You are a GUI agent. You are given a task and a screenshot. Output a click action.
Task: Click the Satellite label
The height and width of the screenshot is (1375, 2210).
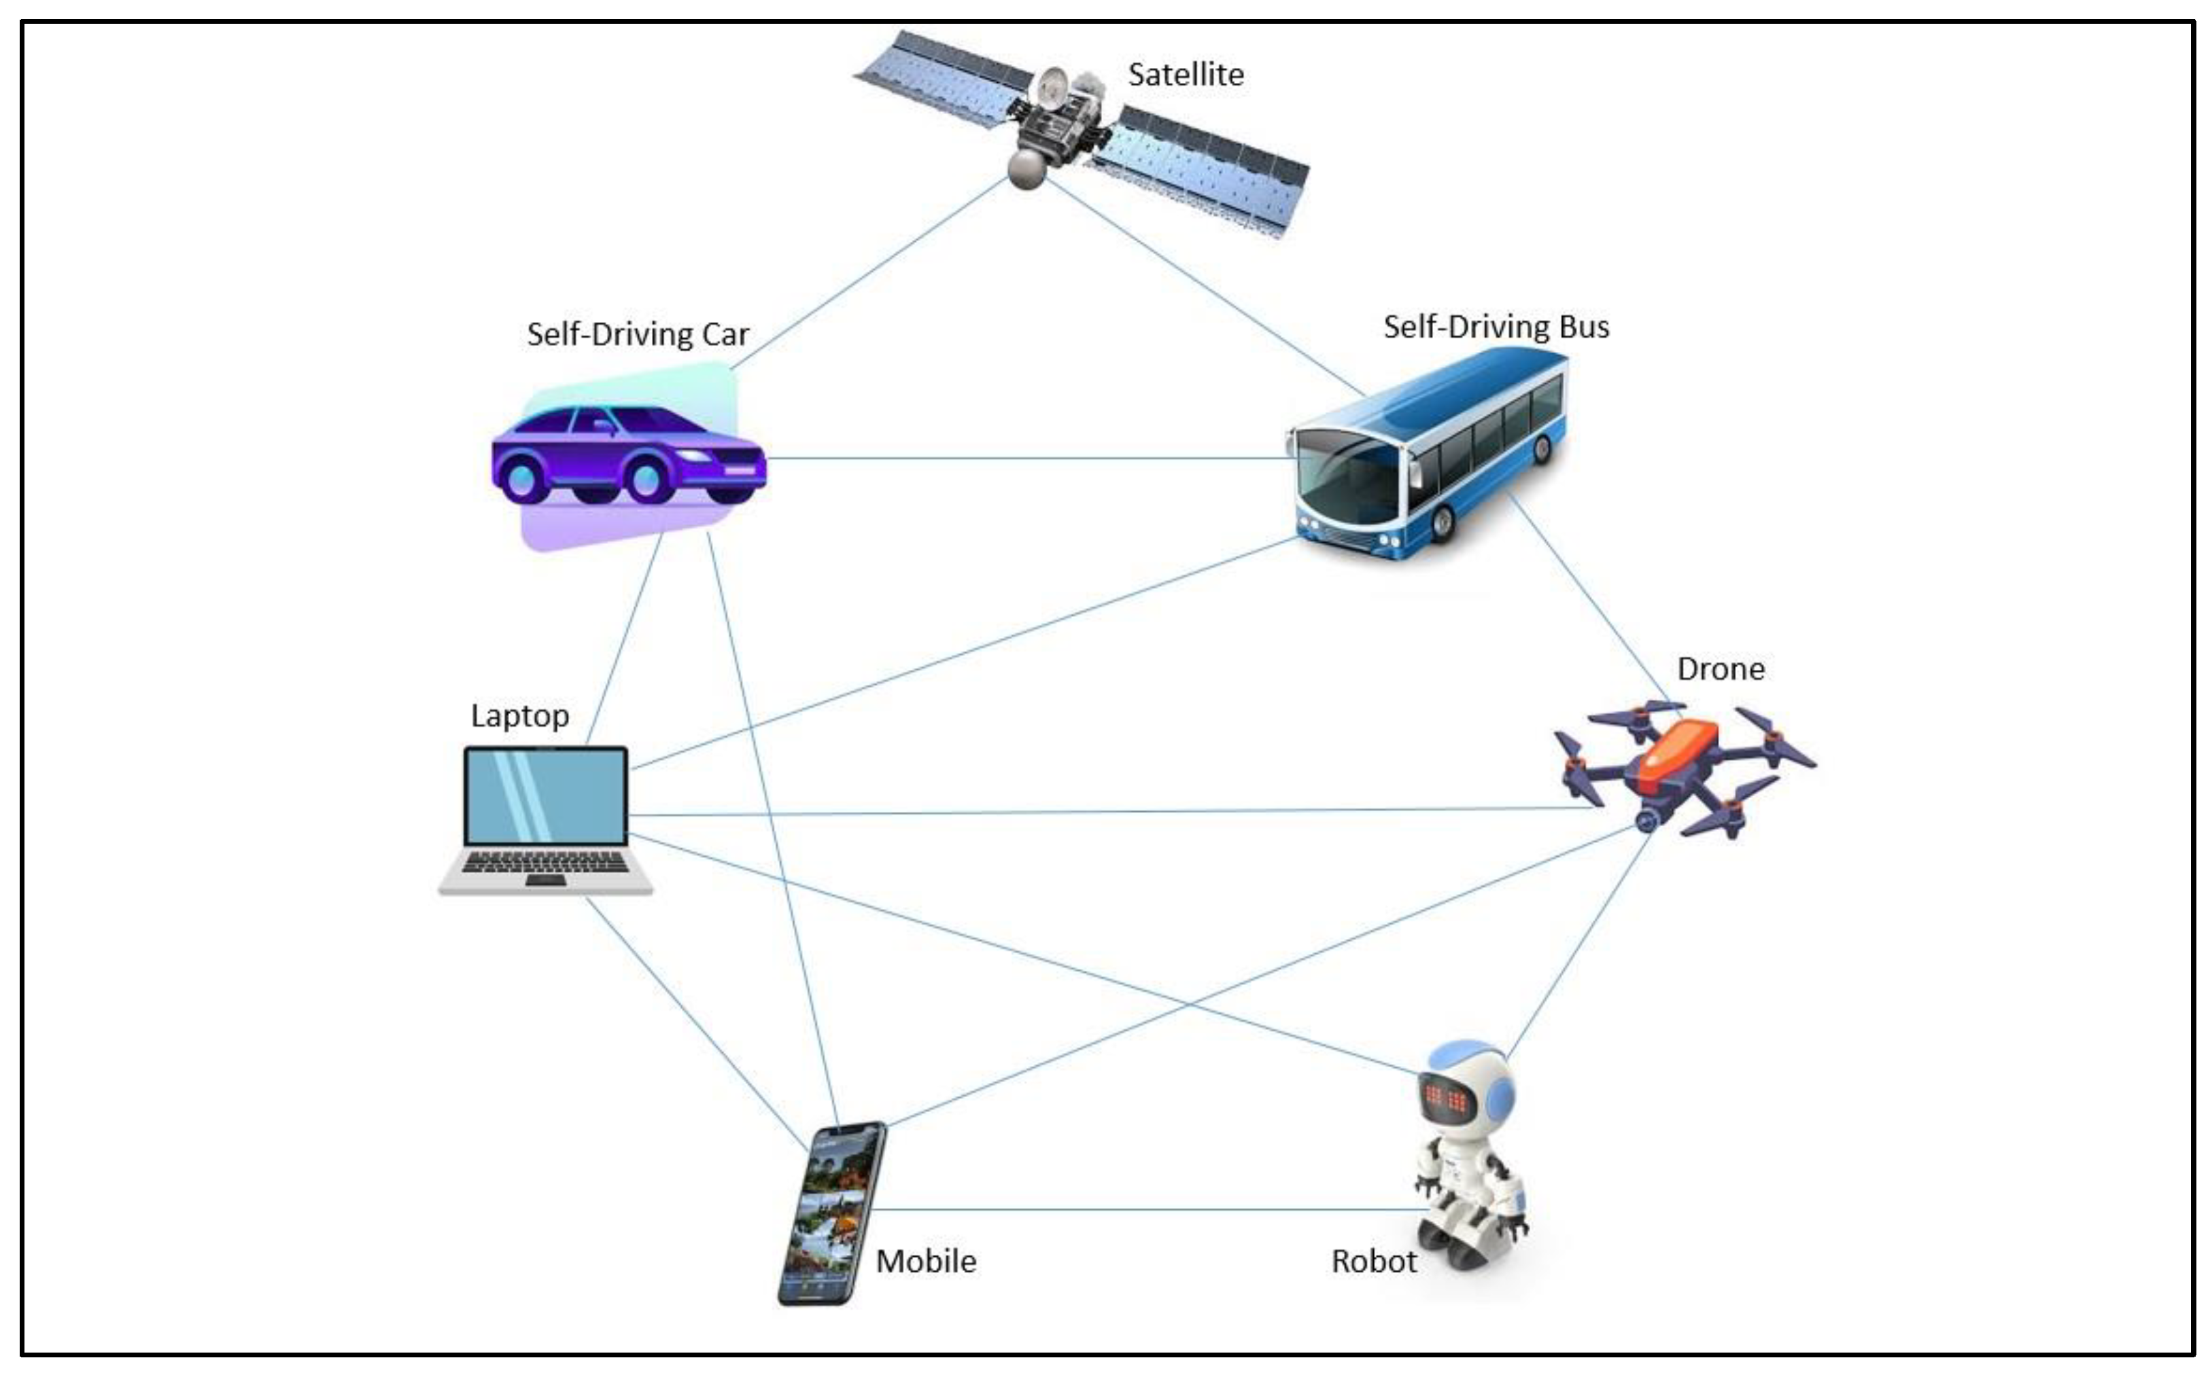tap(1185, 75)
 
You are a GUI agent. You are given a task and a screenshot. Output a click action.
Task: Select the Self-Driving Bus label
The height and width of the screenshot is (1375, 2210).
tap(1496, 327)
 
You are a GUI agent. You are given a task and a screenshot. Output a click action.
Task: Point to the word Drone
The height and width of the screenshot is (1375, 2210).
tap(1720, 669)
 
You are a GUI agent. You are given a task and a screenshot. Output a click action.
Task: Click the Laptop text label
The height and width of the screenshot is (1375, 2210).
tap(519, 715)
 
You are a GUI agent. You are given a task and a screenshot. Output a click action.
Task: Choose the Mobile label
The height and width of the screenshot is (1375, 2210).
tap(925, 1262)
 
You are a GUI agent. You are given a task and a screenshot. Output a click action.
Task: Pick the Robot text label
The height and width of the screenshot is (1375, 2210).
tap(1373, 1262)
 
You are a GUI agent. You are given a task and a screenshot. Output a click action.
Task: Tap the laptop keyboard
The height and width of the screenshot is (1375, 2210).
tap(545, 862)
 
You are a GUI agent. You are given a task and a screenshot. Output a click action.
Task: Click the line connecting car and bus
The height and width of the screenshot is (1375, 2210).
tap(1028, 457)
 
